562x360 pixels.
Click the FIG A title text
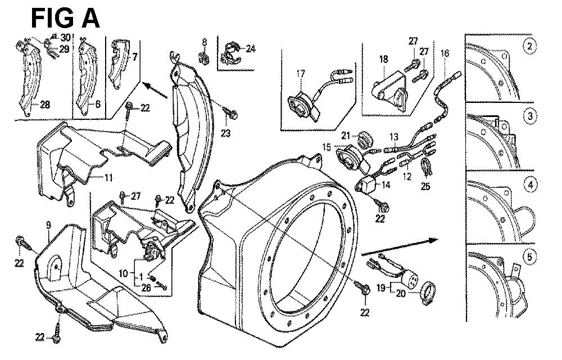click(65, 18)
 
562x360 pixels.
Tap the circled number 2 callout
click(528, 47)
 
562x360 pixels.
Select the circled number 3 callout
click(528, 116)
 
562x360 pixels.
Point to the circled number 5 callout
click(528, 257)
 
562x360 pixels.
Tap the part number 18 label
click(383, 58)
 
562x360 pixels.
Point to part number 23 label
click(225, 133)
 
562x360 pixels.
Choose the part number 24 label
click(250, 48)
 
